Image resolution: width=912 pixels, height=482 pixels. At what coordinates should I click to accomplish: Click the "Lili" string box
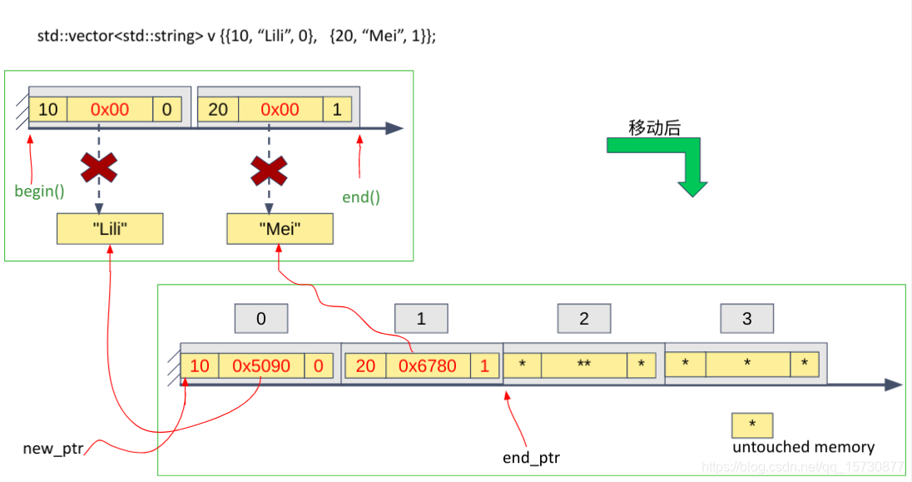tap(110, 229)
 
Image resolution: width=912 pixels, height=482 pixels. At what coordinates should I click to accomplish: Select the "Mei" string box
tap(280, 229)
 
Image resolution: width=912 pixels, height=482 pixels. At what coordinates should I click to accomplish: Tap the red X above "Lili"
tap(99, 170)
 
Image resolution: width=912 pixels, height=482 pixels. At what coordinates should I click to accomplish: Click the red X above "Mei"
tap(269, 171)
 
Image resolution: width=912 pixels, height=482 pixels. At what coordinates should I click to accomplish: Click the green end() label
tap(361, 197)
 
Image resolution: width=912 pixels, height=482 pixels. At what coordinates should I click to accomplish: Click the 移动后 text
tap(654, 127)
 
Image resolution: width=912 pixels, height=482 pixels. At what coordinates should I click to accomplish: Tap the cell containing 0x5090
tap(261, 366)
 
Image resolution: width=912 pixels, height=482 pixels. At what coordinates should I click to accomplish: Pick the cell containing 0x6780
tap(428, 366)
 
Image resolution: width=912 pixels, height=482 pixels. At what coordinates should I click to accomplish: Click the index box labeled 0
tap(261, 319)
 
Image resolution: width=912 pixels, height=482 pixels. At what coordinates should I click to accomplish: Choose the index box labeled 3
tap(746, 319)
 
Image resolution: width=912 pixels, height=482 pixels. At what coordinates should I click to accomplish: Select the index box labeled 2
tap(584, 319)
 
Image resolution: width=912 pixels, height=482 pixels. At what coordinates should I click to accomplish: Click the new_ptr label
tap(53, 449)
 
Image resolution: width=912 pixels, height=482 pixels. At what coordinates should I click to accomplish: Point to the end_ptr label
tap(531, 457)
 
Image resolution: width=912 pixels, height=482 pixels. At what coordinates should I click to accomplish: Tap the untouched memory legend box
tap(752, 425)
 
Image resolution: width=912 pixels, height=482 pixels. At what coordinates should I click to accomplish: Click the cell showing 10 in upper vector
tap(48, 110)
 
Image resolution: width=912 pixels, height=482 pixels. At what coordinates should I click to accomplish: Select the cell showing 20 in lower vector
tap(365, 366)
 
